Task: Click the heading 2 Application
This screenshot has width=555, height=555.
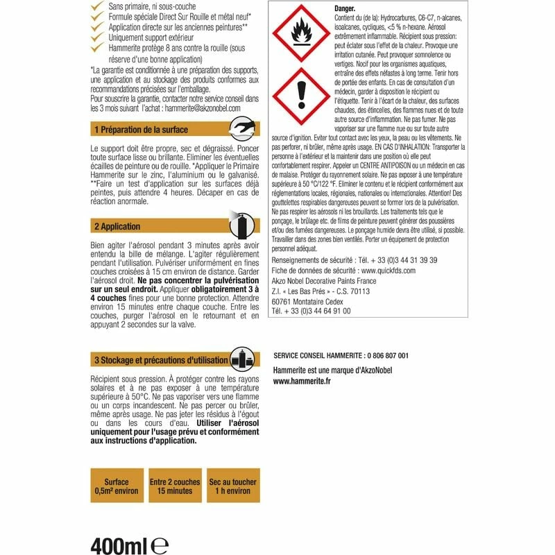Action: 117,226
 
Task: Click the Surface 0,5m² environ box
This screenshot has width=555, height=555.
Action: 117,486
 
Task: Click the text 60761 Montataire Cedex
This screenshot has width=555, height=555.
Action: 311,301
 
